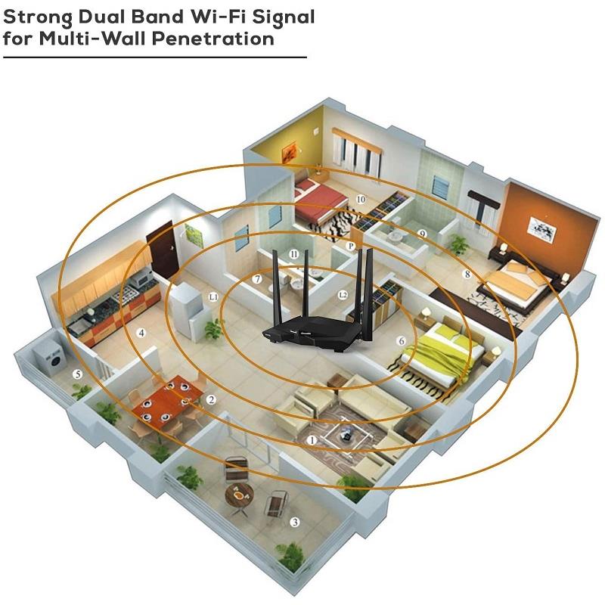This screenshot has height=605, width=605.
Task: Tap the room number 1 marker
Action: [x=312, y=439]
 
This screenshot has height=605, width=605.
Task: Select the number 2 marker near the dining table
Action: [x=212, y=399]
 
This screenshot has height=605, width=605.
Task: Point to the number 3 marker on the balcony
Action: [x=295, y=522]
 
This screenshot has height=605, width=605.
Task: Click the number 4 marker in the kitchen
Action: [x=141, y=332]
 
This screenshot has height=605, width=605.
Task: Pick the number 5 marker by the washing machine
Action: [x=76, y=374]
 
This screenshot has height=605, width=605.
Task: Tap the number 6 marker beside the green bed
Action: [x=402, y=341]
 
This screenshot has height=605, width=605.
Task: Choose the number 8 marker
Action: [x=467, y=274]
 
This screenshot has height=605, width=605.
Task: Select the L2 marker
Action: [x=343, y=293]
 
